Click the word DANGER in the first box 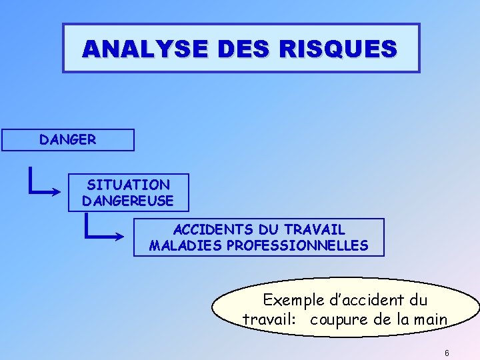[x=67, y=140]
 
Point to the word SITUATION [x=128, y=185]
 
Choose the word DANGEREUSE [x=127, y=200]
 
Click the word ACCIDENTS [x=210, y=230]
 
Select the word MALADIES [x=185, y=245]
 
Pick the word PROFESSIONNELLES [x=297, y=245]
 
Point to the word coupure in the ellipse [x=339, y=319]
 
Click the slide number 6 [x=447, y=353]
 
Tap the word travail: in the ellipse [x=269, y=319]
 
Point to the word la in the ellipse [x=402, y=319]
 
